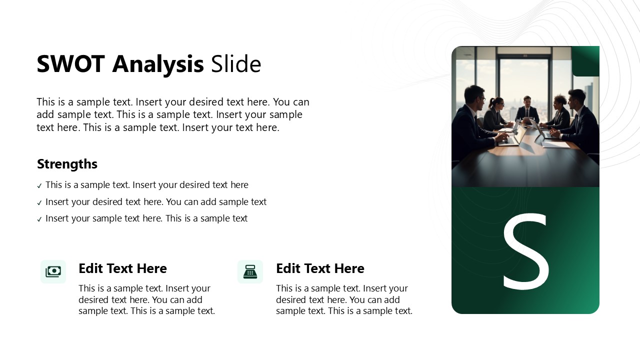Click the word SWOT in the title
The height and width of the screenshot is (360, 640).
point(70,64)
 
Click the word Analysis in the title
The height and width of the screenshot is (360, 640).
point(158,64)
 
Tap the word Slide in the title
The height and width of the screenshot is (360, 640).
point(235,64)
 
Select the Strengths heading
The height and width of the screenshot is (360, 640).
point(67,164)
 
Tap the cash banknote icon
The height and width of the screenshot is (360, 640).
point(53,271)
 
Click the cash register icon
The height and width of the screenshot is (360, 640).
point(250,271)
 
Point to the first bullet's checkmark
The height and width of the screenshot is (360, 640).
point(39,186)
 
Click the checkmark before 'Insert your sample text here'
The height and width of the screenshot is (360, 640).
point(39,219)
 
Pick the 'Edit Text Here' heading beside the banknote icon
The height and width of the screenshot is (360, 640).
point(122,268)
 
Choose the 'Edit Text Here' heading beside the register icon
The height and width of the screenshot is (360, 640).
point(320,268)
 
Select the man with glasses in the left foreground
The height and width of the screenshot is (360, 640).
point(472,120)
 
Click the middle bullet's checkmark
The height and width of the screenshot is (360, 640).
point(39,203)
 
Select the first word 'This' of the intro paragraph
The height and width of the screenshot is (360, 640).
point(46,102)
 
